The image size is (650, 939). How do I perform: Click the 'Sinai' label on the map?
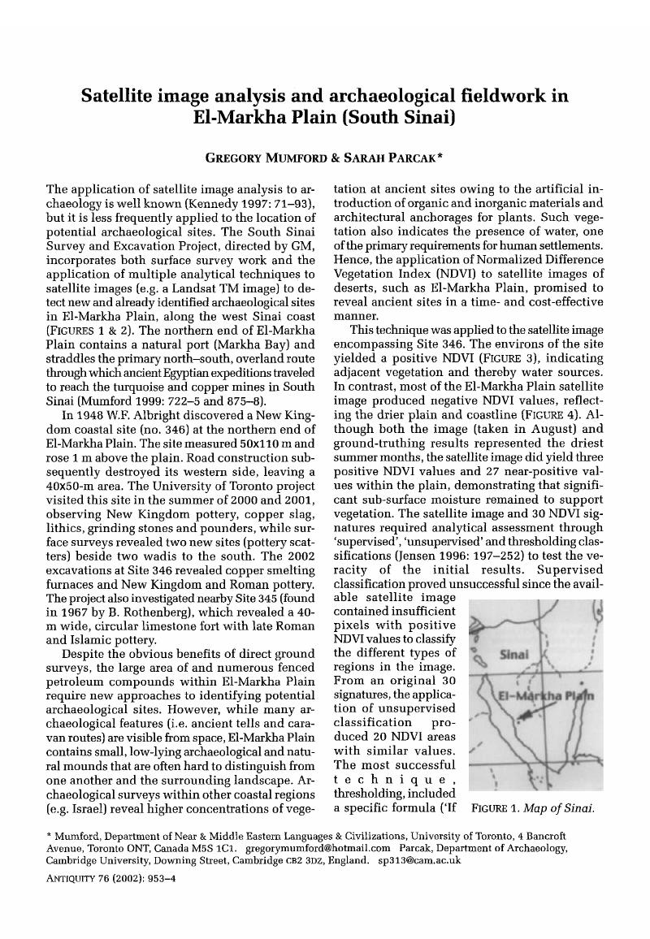point(512,654)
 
